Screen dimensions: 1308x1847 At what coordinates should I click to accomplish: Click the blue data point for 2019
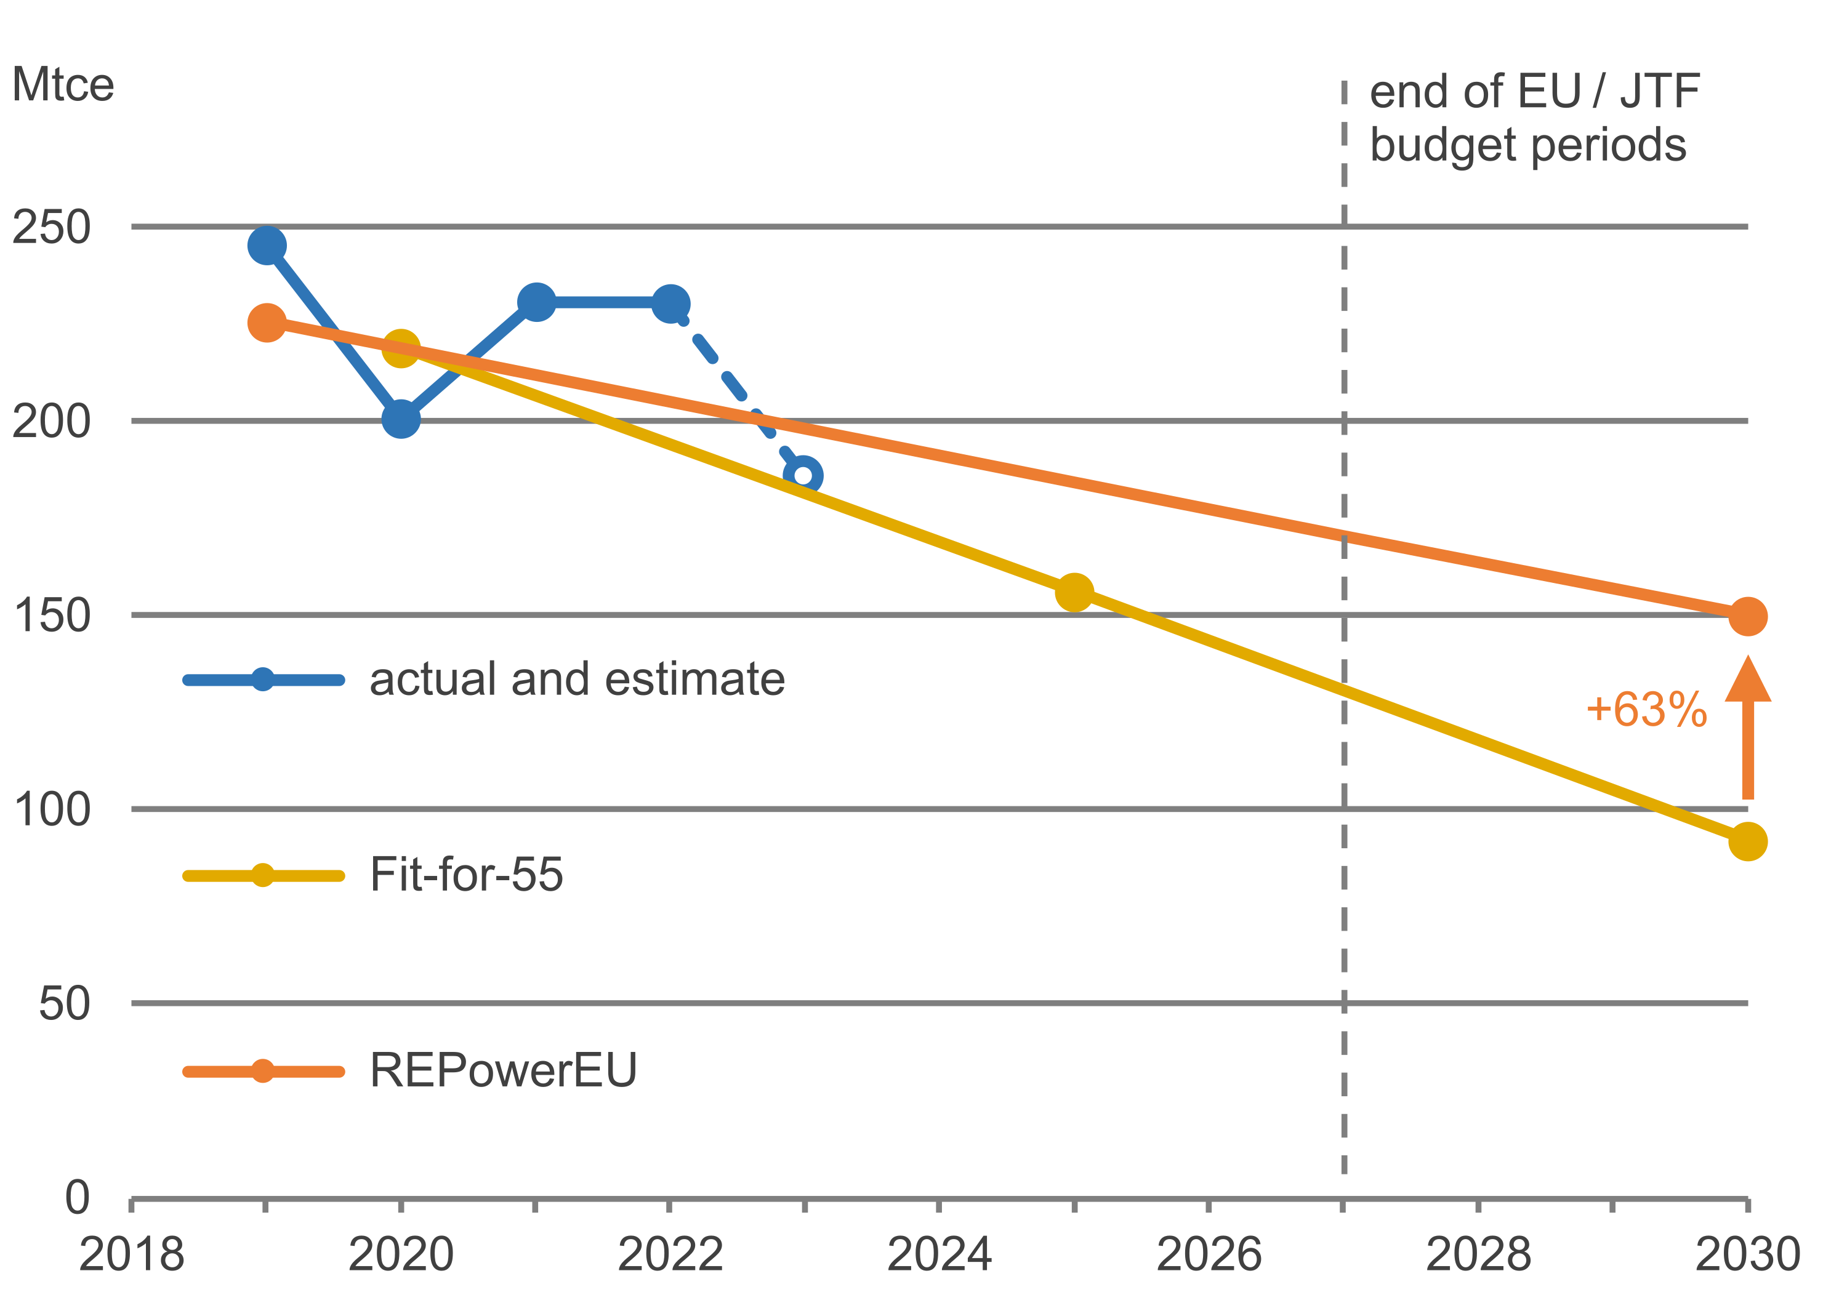pos(267,245)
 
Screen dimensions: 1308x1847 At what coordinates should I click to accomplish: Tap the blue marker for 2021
pos(536,302)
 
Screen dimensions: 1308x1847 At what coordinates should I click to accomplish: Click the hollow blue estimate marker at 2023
pos(803,475)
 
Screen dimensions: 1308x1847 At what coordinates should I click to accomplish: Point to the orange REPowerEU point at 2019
pos(267,322)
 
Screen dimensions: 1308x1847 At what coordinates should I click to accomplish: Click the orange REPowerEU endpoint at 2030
pos(1748,617)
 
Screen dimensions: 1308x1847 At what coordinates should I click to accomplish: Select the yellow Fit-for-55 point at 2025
pos(1074,593)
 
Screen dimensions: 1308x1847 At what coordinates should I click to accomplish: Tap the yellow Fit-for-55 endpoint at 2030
pos(1748,841)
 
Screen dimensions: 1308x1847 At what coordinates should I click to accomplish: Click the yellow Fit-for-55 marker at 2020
pos(400,348)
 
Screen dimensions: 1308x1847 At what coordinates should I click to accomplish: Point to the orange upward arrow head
pos(1748,681)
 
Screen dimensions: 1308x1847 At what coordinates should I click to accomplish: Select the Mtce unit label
pos(63,84)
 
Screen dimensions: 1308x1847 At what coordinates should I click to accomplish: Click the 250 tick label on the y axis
pos(50,227)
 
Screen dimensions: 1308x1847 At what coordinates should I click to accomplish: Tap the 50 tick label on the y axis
pos(65,1003)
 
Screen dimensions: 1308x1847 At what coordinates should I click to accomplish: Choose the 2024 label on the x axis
pos(940,1254)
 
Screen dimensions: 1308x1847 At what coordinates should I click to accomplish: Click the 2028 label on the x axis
pos(1478,1254)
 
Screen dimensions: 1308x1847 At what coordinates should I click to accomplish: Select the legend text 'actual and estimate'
pos(577,679)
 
